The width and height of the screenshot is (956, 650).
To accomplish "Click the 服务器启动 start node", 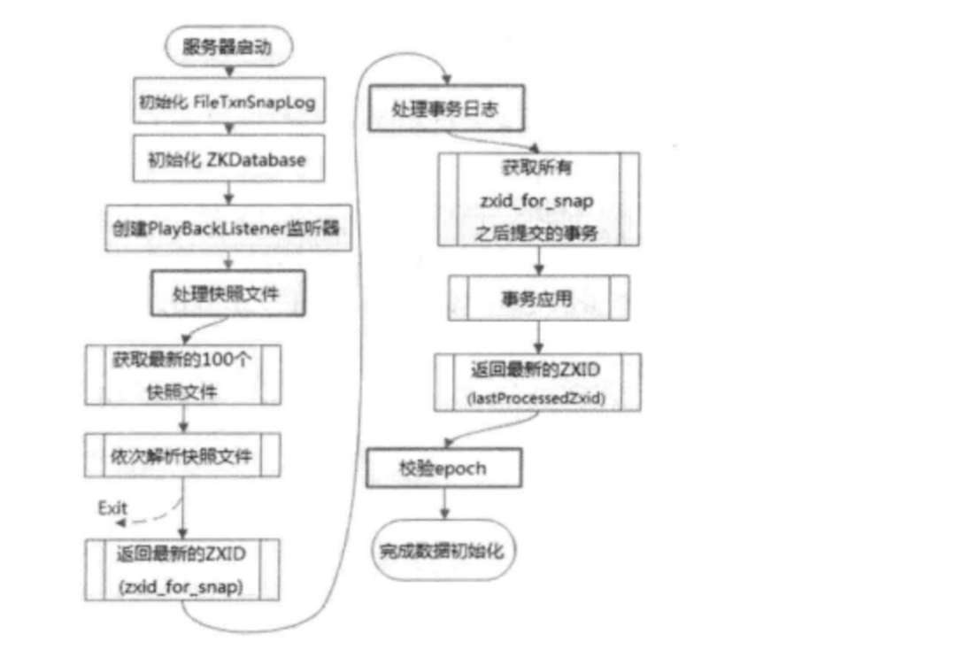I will coord(228,50).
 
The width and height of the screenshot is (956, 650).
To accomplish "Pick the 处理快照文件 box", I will coord(228,292).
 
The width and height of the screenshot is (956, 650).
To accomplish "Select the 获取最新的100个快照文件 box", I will coord(182,374).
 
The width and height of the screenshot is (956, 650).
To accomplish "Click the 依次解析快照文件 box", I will coord(182,456).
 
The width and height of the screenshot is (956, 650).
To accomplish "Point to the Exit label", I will coord(113,508).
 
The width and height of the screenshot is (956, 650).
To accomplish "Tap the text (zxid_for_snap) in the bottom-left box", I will coord(182,587).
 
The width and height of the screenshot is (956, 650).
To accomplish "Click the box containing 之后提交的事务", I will coord(538,199).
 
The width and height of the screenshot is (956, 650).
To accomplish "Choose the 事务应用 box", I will coord(538,298).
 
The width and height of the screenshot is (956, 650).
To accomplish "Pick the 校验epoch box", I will coord(443,467).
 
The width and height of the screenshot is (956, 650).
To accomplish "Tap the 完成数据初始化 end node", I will coord(443,550).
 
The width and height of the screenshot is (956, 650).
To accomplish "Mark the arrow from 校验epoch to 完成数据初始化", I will coord(443,507).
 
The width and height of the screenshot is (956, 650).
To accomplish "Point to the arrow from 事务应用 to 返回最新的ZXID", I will coord(538,337).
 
